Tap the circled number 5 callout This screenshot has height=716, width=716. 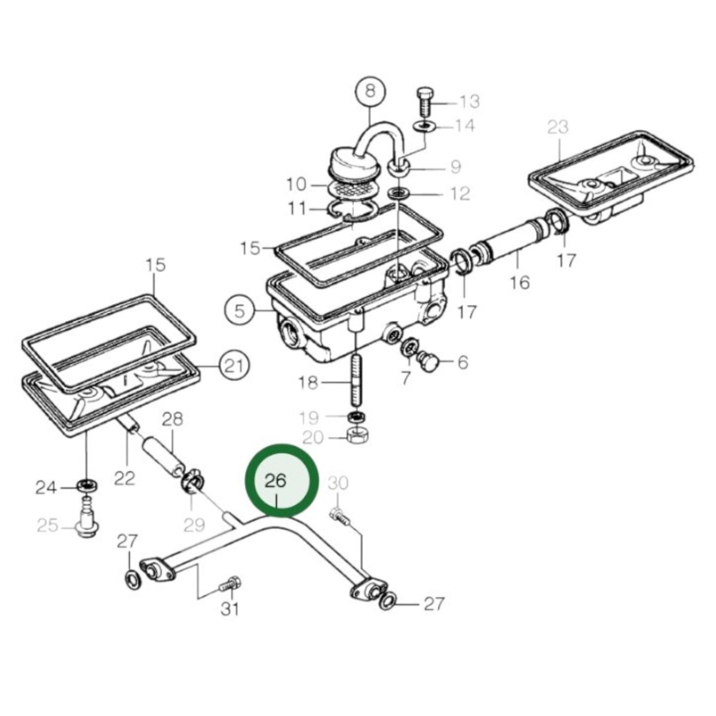240,311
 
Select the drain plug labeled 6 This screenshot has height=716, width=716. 427,361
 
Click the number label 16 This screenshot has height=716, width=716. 520,282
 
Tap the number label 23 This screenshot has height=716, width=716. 558,127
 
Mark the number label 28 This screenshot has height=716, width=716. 172,419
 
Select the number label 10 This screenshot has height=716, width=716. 296,185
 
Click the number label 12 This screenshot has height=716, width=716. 460,193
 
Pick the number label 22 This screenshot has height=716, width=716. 124,478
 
